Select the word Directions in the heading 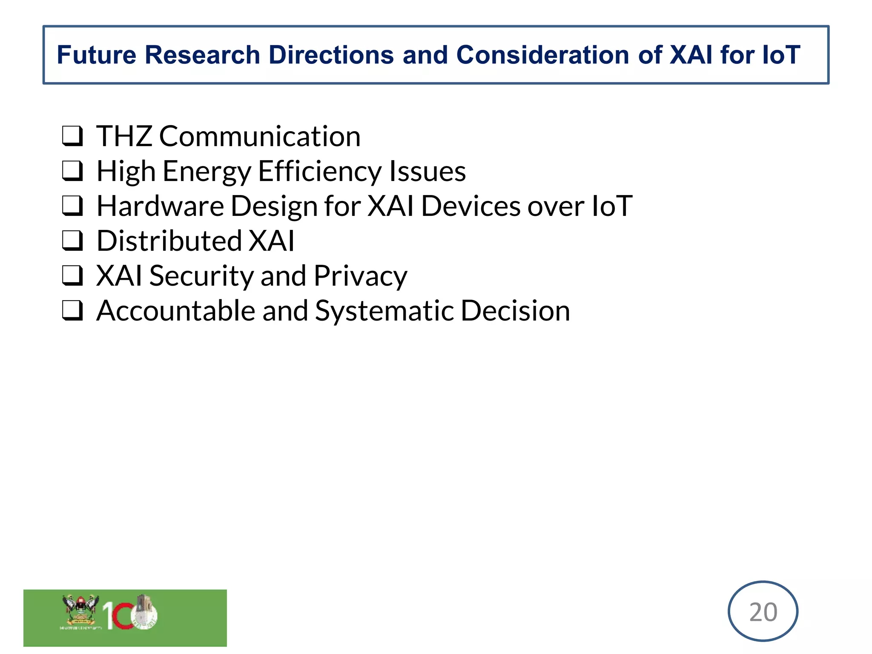pos(331,55)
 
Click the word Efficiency pos(319,171)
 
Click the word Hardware pos(160,206)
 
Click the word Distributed pos(169,241)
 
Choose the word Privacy pos(360,276)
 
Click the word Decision pos(515,311)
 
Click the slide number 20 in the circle pos(763,612)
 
